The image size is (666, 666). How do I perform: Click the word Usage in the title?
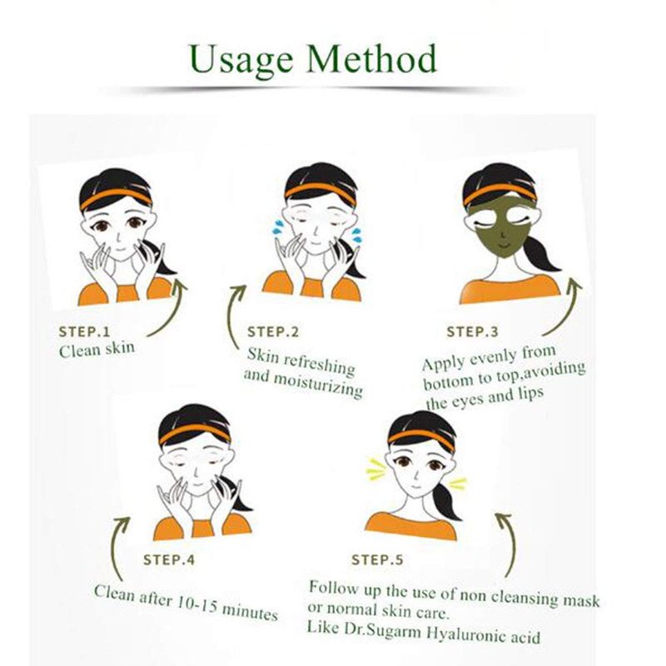(x=241, y=61)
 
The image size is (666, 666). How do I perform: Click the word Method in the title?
(x=371, y=58)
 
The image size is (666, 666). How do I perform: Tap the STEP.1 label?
(x=84, y=331)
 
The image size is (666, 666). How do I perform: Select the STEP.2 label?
(x=273, y=331)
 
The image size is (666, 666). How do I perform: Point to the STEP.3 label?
(x=472, y=331)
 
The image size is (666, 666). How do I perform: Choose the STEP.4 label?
(x=169, y=559)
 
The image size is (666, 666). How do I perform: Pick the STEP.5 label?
(x=377, y=559)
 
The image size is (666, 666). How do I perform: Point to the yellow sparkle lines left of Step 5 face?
(x=377, y=468)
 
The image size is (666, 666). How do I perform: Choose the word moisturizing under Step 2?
(x=317, y=385)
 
